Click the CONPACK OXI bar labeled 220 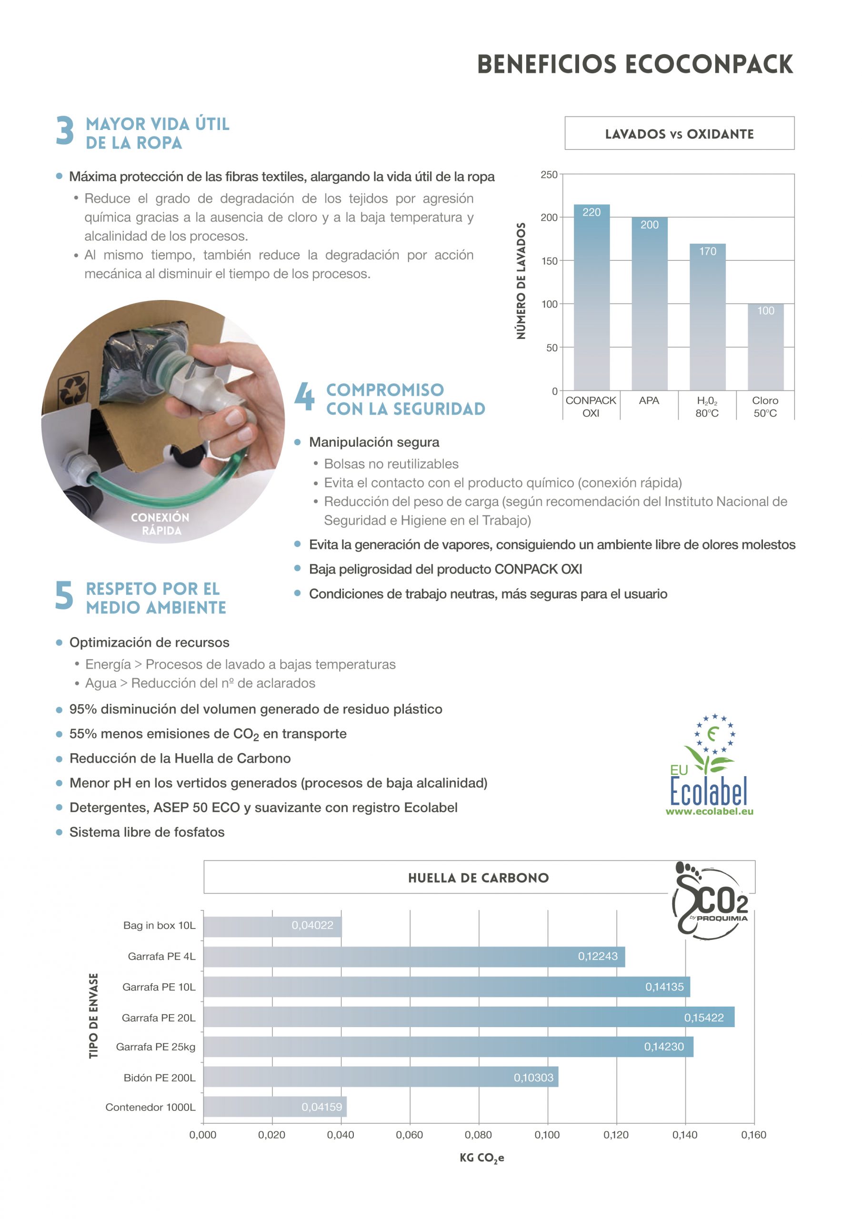(x=591, y=297)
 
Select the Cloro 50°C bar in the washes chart (x=765, y=348)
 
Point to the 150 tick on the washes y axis (x=549, y=260)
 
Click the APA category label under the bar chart (x=649, y=400)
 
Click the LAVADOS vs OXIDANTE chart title (x=679, y=134)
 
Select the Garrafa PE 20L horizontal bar (x=469, y=1017)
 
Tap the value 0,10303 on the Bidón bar (x=533, y=1077)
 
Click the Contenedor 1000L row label (x=150, y=1107)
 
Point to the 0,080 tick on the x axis (x=478, y=1135)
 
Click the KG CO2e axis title (x=482, y=1158)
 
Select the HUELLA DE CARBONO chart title (x=478, y=878)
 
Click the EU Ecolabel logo (x=709, y=765)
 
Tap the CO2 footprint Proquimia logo (x=710, y=900)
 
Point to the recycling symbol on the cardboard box (x=73, y=389)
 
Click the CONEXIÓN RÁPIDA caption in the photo (x=160, y=523)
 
